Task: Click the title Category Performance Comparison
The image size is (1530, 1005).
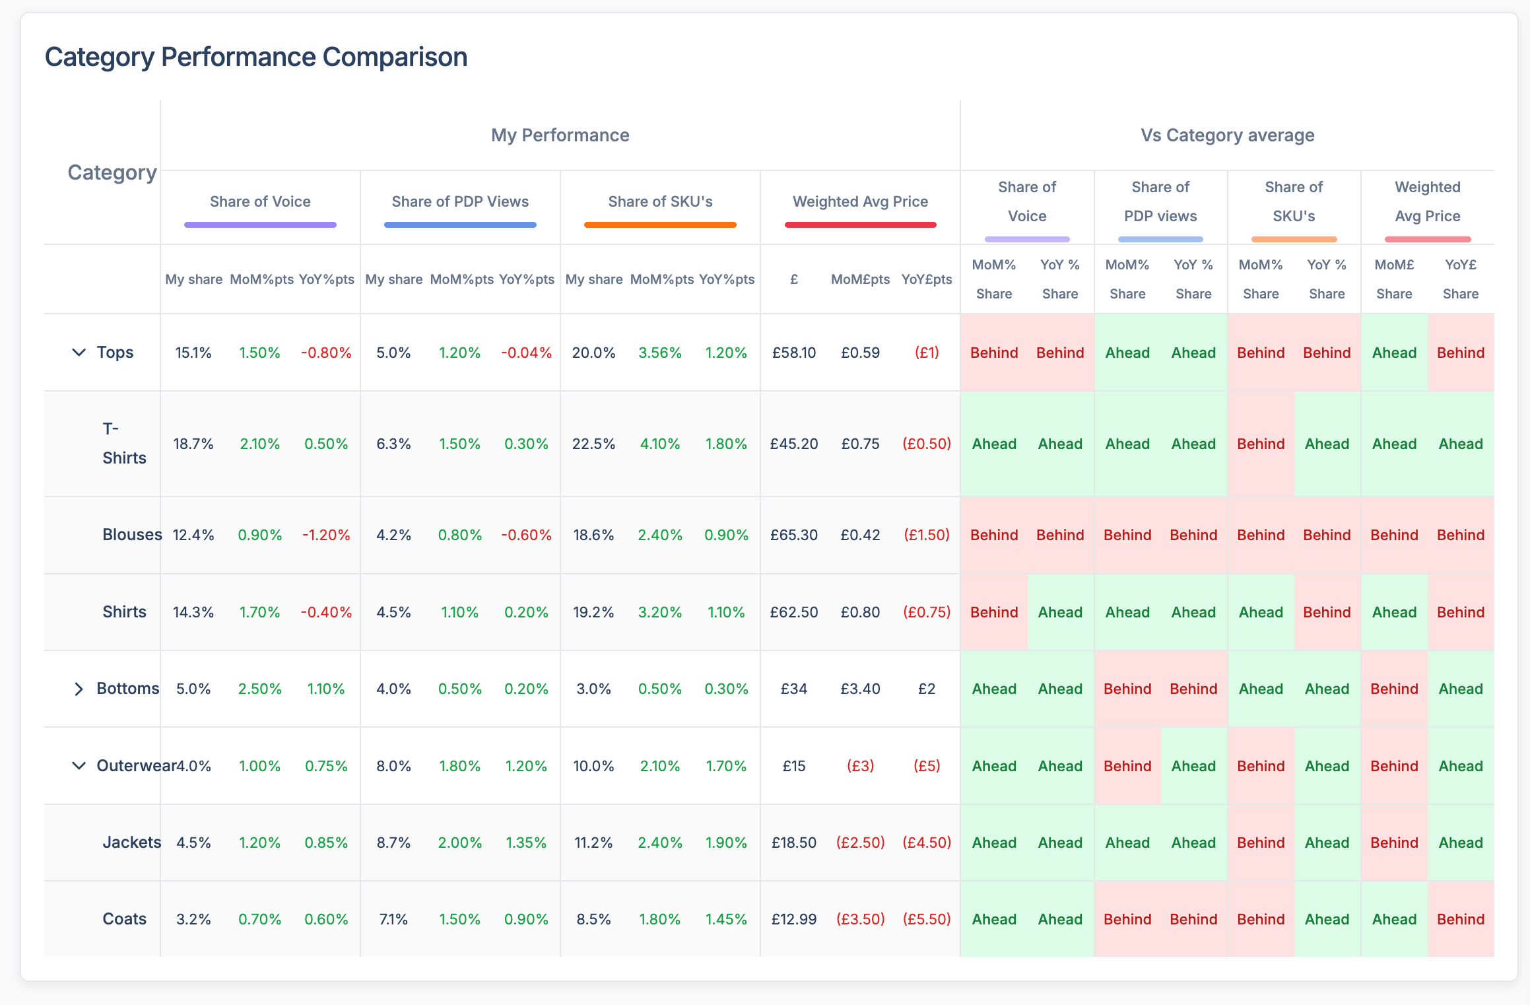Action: coord(255,57)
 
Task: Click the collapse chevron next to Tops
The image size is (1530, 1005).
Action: coord(79,353)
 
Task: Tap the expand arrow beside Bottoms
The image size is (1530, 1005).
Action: coord(79,689)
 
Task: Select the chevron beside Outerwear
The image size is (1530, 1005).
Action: coord(79,766)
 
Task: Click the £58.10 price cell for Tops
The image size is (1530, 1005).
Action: coord(794,353)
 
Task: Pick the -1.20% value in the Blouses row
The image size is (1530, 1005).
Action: coord(326,535)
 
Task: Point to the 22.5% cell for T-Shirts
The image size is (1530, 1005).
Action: coord(593,444)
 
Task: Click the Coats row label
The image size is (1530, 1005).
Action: coord(124,919)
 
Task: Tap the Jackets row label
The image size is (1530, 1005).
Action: coord(131,843)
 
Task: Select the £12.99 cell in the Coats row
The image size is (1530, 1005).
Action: coord(794,919)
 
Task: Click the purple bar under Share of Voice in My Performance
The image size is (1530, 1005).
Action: coord(260,225)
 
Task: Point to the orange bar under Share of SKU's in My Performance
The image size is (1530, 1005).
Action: coord(660,225)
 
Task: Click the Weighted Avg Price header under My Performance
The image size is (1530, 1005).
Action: coord(860,201)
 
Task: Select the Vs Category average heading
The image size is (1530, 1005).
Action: coord(1227,135)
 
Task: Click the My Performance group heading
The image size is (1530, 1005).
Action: coord(560,135)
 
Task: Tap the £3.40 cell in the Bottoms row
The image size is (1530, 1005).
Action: coord(860,689)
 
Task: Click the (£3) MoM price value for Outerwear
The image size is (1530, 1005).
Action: coord(860,766)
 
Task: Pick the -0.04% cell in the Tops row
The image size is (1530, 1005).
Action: coord(526,353)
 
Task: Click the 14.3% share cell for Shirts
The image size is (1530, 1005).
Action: coord(193,612)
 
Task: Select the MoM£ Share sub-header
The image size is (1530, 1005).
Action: coord(1394,279)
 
